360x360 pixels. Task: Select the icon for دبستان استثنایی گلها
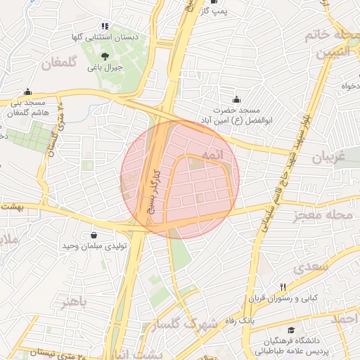(105, 26)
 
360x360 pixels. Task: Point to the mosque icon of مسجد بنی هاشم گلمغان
(27, 91)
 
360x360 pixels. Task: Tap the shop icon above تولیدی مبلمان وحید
(94, 235)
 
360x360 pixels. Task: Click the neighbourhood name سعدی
(313, 267)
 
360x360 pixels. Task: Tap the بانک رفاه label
(259, 321)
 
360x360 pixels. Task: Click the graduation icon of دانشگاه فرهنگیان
(290, 330)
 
